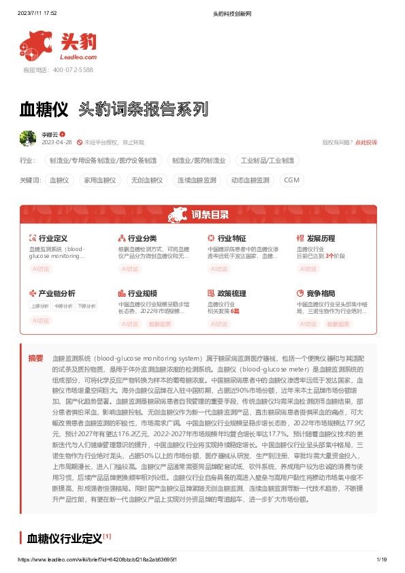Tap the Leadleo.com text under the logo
[x=81, y=57]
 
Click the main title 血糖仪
[x=44, y=108]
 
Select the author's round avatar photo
[x=28, y=138]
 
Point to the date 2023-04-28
[x=56, y=142]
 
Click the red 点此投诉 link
[x=366, y=142]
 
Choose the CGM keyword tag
[x=291, y=180]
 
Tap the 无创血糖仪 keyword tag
[x=146, y=180]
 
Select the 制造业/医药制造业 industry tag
[x=198, y=161]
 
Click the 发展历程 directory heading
[x=320, y=238]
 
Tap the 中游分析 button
[x=63, y=306]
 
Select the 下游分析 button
[x=86, y=306]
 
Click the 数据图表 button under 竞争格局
[x=338, y=324]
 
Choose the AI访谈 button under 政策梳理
[x=218, y=324]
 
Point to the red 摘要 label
[x=36, y=357]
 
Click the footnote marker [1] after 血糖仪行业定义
[x=107, y=536]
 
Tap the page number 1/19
[x=381, y=559]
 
